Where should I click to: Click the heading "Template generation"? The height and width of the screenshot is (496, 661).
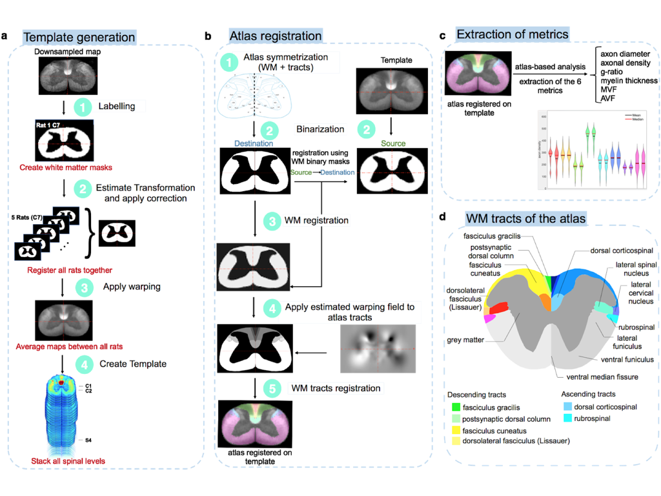click(79, 37)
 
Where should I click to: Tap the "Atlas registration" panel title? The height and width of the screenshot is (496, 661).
click(276, 37)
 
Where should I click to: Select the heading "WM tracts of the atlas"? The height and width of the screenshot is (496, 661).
click(525, 218)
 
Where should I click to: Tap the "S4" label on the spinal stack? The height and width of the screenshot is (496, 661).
click(89, 440)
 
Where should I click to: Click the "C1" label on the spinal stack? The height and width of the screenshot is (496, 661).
click(89, 386)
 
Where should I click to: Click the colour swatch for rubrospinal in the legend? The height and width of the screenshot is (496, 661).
click(567, 419)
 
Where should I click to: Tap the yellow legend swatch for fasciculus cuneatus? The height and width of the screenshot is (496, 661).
click(456, 431)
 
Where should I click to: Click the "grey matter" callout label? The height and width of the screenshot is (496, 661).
click(464, 340)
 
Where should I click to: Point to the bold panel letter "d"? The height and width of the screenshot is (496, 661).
click(442, 218)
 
